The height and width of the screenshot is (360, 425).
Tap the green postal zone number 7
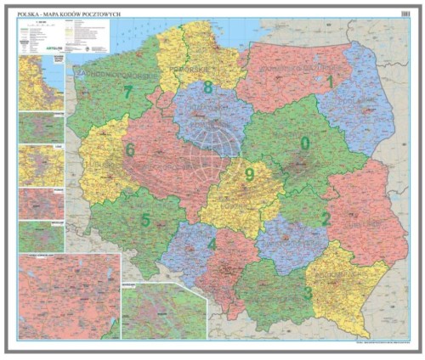[127, 92]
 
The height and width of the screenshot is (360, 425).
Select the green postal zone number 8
[208, 87]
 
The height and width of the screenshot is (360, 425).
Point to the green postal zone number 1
[330, 82]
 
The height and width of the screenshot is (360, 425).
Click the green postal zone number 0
[304, 143]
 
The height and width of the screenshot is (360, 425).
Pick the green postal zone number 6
[129, 150]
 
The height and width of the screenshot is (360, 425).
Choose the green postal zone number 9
[249, 175]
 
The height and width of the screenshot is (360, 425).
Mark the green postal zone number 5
[145, 221]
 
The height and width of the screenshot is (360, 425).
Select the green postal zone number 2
[325, 220]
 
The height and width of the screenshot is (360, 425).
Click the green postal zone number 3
[307, 293]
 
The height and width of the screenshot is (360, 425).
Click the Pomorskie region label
[194, 65]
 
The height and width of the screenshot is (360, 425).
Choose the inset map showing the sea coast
[41, 83]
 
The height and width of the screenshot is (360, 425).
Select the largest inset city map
[69, 296]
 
